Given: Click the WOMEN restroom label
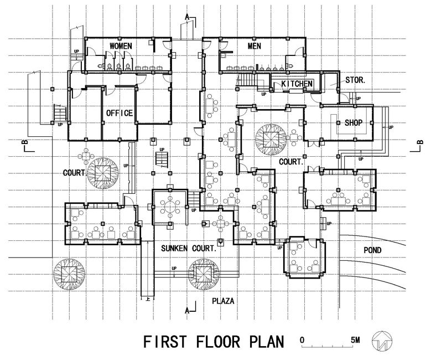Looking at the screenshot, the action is point(121,46).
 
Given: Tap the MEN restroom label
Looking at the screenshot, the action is point(255,46).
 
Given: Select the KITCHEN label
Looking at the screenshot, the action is point(297,84).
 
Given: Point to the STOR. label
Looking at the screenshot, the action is point(355,80).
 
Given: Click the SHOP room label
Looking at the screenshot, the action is point(354,122).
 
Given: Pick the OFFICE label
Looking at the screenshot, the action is point(120,113).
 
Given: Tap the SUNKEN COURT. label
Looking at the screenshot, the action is point(189,249).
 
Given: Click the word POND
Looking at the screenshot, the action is point(372,250).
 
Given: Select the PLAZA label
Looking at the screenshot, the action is point(223,301).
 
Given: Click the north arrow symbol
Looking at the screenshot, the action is point(382,341).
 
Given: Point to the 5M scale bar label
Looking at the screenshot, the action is point(355,340).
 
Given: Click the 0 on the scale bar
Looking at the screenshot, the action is point(302,340).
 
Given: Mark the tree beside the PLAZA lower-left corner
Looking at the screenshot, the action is point(69,274).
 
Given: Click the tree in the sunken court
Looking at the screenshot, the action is point(204,274).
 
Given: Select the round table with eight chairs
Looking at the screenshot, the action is point(170,206).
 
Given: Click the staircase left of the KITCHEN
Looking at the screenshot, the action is point(247,80).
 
